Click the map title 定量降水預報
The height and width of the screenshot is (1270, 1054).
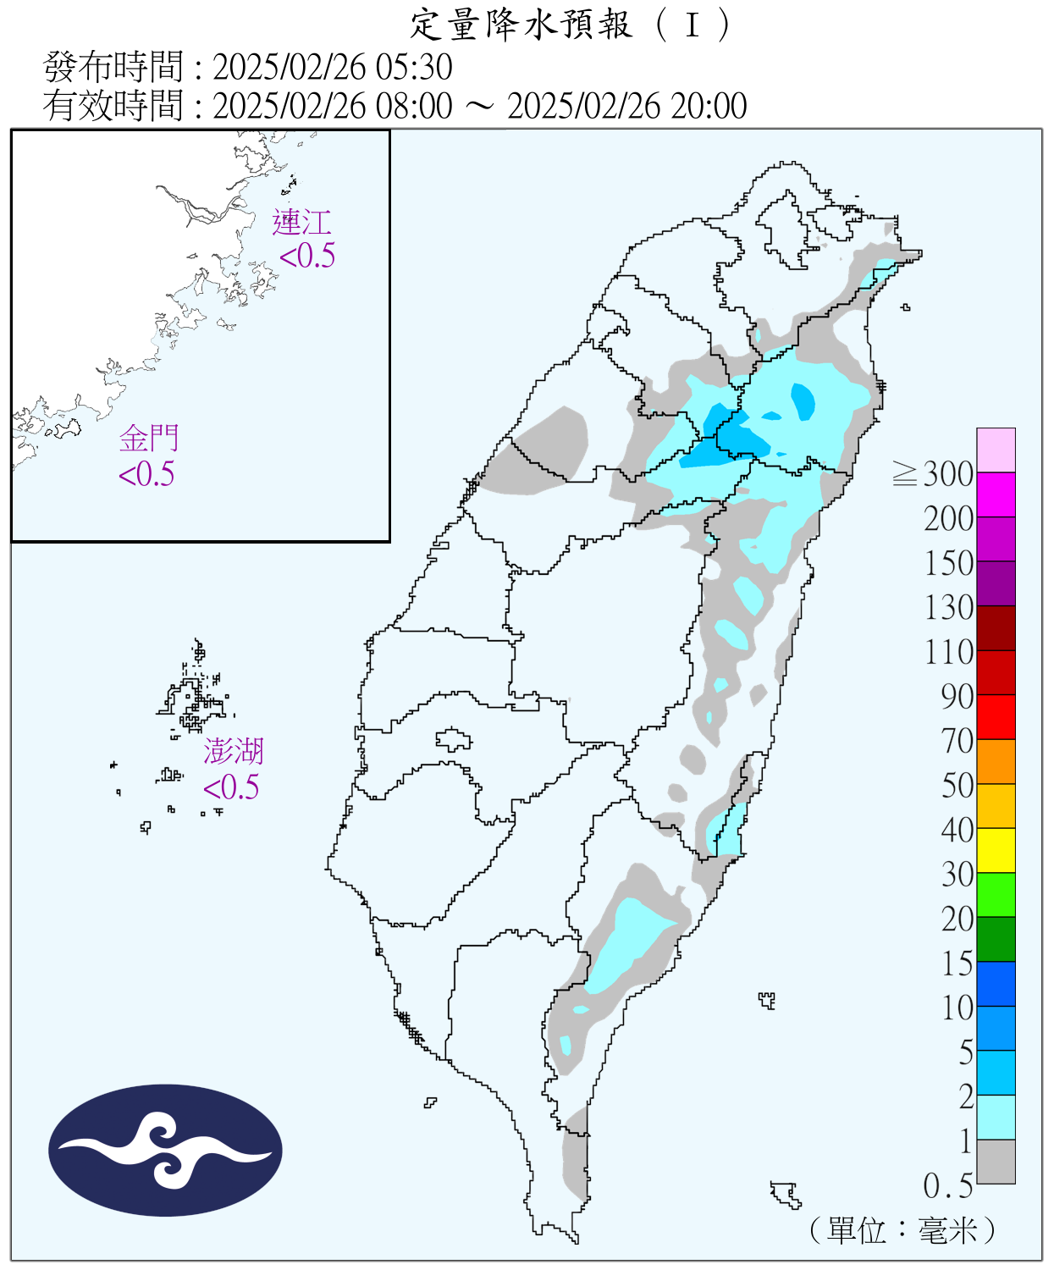[x=521, y=25]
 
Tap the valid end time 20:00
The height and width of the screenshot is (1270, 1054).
[x=709, y=106]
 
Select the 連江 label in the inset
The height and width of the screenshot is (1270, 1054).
[x=301, y=223]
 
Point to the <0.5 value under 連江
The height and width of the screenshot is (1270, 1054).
[x=307, y=256]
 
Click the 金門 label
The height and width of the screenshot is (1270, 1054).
[x=149, y=439]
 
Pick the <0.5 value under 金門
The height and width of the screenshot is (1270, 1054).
[x=146, y=474]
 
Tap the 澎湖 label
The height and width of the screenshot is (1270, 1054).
[x=233, y=751]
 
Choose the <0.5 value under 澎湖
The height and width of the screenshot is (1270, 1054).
[x=231, y=787]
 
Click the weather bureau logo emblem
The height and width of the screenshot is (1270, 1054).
[x=165, y=1150]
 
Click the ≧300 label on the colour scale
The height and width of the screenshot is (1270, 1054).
[x=933, y=474]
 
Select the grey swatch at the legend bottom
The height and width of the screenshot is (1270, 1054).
[x=996, y=1161]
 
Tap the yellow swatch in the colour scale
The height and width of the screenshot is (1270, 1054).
[x=996, y=850]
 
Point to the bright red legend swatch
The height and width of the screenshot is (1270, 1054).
[x=996, y=716]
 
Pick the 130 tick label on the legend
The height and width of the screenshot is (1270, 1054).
[x=948, y=608]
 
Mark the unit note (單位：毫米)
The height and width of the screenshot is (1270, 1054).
[x=902, y=1229]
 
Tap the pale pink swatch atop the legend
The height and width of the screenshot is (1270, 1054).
[x=996, y=450]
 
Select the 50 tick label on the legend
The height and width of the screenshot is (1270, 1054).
[x=957, y=786]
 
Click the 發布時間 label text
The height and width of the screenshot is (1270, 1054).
[x=113, y=67]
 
